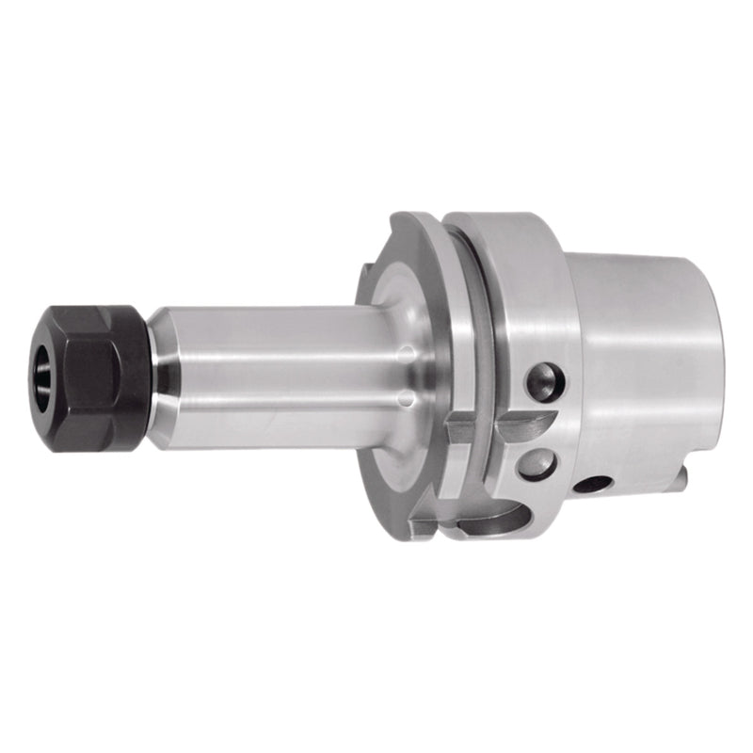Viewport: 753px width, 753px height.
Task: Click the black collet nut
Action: coord(94,376)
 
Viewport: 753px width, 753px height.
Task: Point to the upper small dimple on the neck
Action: coord(406,355)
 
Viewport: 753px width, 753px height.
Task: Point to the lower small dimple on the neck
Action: coord(406,399)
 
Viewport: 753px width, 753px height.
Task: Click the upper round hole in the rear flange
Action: coord(545,382)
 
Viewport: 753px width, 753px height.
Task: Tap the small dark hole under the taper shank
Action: coord(595,485)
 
